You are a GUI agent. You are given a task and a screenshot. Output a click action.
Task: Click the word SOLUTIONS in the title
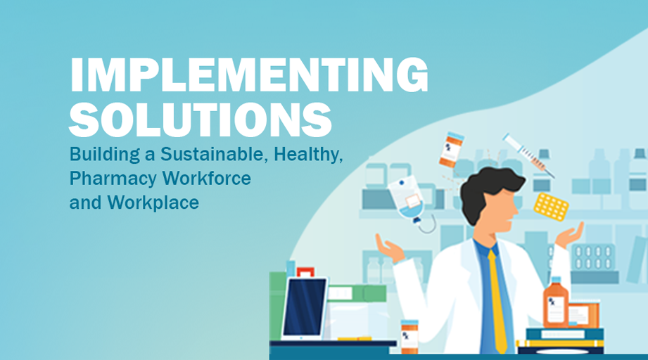(201, 120)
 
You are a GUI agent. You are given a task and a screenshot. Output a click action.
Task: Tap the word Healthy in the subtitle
(308, 155)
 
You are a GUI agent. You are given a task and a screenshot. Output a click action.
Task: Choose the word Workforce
(207, 179)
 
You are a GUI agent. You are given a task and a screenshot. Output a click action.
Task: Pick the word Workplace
(153, 203)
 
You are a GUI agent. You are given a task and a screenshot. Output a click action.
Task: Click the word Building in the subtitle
(105, 155)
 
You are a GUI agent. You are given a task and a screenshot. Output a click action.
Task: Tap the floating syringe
(529, 155)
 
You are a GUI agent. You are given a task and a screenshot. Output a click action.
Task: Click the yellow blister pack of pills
(551, 207)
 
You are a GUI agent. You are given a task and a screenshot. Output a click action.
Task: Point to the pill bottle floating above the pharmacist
(451, 150)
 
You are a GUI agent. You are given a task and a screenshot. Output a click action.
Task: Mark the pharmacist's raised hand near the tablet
(389, 248)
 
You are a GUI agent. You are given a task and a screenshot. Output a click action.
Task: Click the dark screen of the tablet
(305, 307)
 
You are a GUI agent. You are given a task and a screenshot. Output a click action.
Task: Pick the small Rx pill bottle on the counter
(409, 337)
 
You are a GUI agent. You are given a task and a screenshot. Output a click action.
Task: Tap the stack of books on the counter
(561, 341)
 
